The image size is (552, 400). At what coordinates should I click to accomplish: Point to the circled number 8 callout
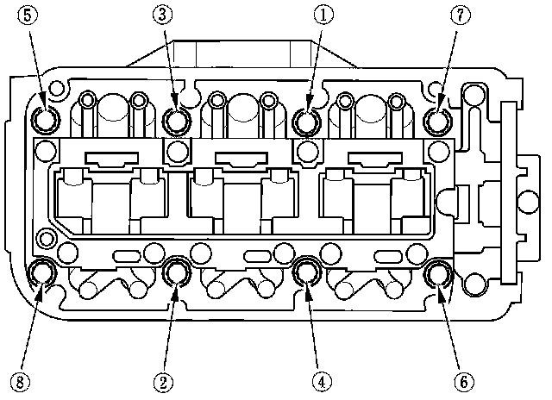tap(20, 382)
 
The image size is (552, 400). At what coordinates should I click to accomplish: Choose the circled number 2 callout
tap(163, 382)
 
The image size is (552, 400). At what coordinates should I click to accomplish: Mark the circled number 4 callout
tap(322, 382)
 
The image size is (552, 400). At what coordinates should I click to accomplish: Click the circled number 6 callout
tap(464, 382)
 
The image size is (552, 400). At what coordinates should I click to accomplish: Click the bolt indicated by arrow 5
tap(46, 119)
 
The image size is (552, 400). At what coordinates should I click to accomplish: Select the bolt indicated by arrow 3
tap(177, 122)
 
